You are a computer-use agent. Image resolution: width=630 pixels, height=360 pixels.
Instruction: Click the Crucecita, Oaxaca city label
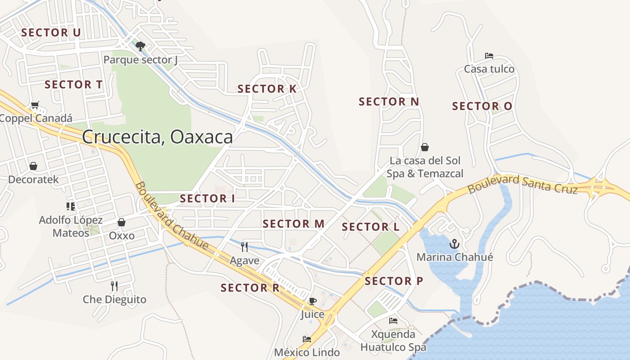click(x=157, y=137)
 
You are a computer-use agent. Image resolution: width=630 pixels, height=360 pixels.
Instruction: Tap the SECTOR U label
click(x=51, y=32)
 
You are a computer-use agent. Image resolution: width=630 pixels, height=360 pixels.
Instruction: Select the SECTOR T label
click(x=74, y=85)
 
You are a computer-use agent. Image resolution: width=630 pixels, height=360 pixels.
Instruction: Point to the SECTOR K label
click(x=267, y=89)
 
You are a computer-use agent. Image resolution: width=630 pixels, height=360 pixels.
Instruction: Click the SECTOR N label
click(x=389, y=102)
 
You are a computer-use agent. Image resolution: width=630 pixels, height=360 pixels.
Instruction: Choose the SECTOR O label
click(x=482, y=106)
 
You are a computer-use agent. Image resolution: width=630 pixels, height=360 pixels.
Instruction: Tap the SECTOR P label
click(x=394, y=281)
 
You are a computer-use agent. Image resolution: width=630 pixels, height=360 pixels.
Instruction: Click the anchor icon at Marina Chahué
click(x=454, y=244)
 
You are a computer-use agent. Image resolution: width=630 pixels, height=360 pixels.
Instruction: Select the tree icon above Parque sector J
click(x=140, y=46)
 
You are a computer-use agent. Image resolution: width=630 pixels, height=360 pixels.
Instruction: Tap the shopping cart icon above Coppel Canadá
click(x=35, y=105)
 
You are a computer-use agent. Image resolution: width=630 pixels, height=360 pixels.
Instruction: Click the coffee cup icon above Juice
click(x=312, y=301)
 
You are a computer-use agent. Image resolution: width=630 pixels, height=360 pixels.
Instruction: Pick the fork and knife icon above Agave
click(x=244, y=247)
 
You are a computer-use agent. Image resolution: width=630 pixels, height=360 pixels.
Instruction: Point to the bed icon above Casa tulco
click(x=489, y=56)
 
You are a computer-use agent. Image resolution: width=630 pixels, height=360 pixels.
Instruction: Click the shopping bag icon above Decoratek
click(x=33, y=166)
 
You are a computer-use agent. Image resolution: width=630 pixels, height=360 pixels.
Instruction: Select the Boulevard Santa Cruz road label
click(x=523, y=184)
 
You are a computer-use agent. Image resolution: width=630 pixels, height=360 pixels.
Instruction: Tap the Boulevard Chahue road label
click(x=171, y=216)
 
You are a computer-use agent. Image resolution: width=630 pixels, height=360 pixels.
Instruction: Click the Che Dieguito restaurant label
click(x=114, y=299)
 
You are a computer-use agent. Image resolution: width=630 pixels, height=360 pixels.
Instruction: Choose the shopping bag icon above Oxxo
click(x=121, y=222)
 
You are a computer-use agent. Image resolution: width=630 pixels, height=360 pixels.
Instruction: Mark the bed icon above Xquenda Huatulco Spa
click(x=393, y=321)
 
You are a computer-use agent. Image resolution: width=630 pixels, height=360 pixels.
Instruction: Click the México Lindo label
click(x=307, y=352)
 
